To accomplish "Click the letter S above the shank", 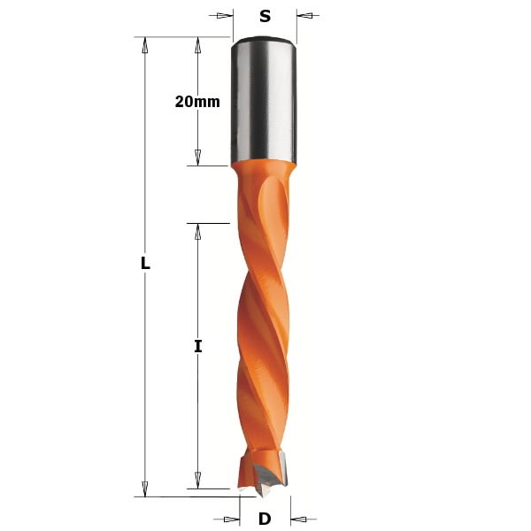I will coord(265,15).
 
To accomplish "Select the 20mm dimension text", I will coord(197,101).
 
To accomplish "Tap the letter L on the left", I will coord(145,264).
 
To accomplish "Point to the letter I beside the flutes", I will coord(198,347).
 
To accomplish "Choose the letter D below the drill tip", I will coord(265,519).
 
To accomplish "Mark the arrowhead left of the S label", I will coord(224,15).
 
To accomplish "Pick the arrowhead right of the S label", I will coord(305,15).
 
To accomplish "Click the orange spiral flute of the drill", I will coord(263,327).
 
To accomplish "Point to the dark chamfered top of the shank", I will coord(264,39).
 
